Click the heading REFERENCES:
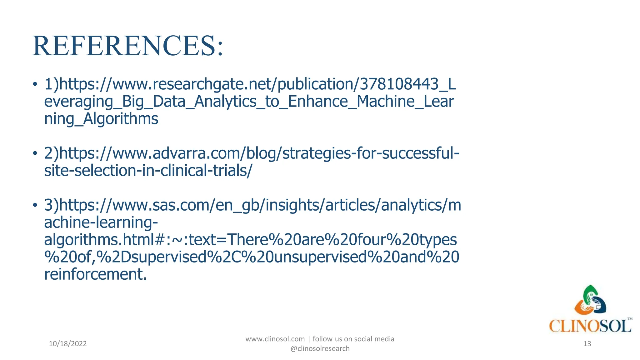pyautogui.click(x=128, y=46)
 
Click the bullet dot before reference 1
pyautogui.click(x=35, y=84)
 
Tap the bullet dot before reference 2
pyautogui.click(x=35, y=153)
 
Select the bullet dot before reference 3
pyautogui.click(x=35, y=205)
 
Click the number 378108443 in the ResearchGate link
pyautogui.click(x=399, y=84)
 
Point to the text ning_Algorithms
pyautogui.click(x=101, y=119)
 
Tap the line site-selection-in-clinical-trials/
pyautogui.click(x=148, y=171)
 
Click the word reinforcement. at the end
pyautogui.click(x=95, y=274)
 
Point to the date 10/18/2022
pyautogui.click(x=68, y=344)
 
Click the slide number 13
pyautogui.click(x=587, y=344)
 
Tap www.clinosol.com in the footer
pyautogui.click(x=275, y=339)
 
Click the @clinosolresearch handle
pyautogui.click(x=320, y=349)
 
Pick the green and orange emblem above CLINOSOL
pyautogui.click(x=590, y=300)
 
